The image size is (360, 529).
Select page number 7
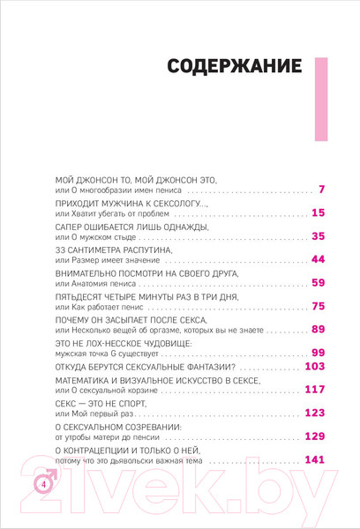[322, 190]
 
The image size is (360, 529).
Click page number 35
[319, 236]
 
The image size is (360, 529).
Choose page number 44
[319, 259]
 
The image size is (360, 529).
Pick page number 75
[319, 306]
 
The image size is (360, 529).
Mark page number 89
[319, 329]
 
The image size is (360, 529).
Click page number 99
[319, 353]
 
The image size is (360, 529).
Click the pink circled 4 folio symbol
[41, 483]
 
